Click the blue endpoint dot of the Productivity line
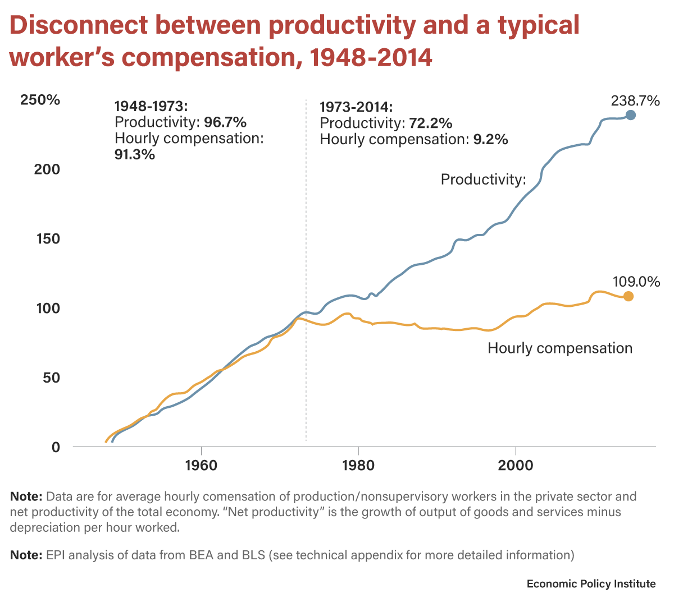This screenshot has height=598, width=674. pyautogui.click(x=631, y=115)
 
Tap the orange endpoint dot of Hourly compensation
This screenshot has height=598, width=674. pyautogui.click(x=628, y=296)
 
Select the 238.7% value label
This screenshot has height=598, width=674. pyautogui.click(x=635, y=101)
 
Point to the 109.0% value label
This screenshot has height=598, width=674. pyautogui.click(x=636, y=282)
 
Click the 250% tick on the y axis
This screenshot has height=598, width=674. pyautogui.click(x=40, y=100)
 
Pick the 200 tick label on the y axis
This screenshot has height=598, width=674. pyautogui.click(x=47, y=169)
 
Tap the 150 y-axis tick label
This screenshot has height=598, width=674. pyautogui.click(x=47, y=239)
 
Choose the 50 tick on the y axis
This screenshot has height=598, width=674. pyautogui.click(x=51, y=378)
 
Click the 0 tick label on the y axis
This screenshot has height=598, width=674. pyautogui.click(x=56, y=447)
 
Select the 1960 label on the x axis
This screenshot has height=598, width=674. pyautogui.click(x=201, y=466)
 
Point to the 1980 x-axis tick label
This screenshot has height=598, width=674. pyautogui.click(x=358, y=466)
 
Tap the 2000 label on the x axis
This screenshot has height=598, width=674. pyautogui.click(x=516, y=466)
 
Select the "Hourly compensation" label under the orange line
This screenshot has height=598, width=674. pyautogui.click(x=559, y=348)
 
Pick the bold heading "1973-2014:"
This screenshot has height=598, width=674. pyautogui.click(x=356, y=107)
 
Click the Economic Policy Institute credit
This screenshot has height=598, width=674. pyautogui.click(x=591, y=584)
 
